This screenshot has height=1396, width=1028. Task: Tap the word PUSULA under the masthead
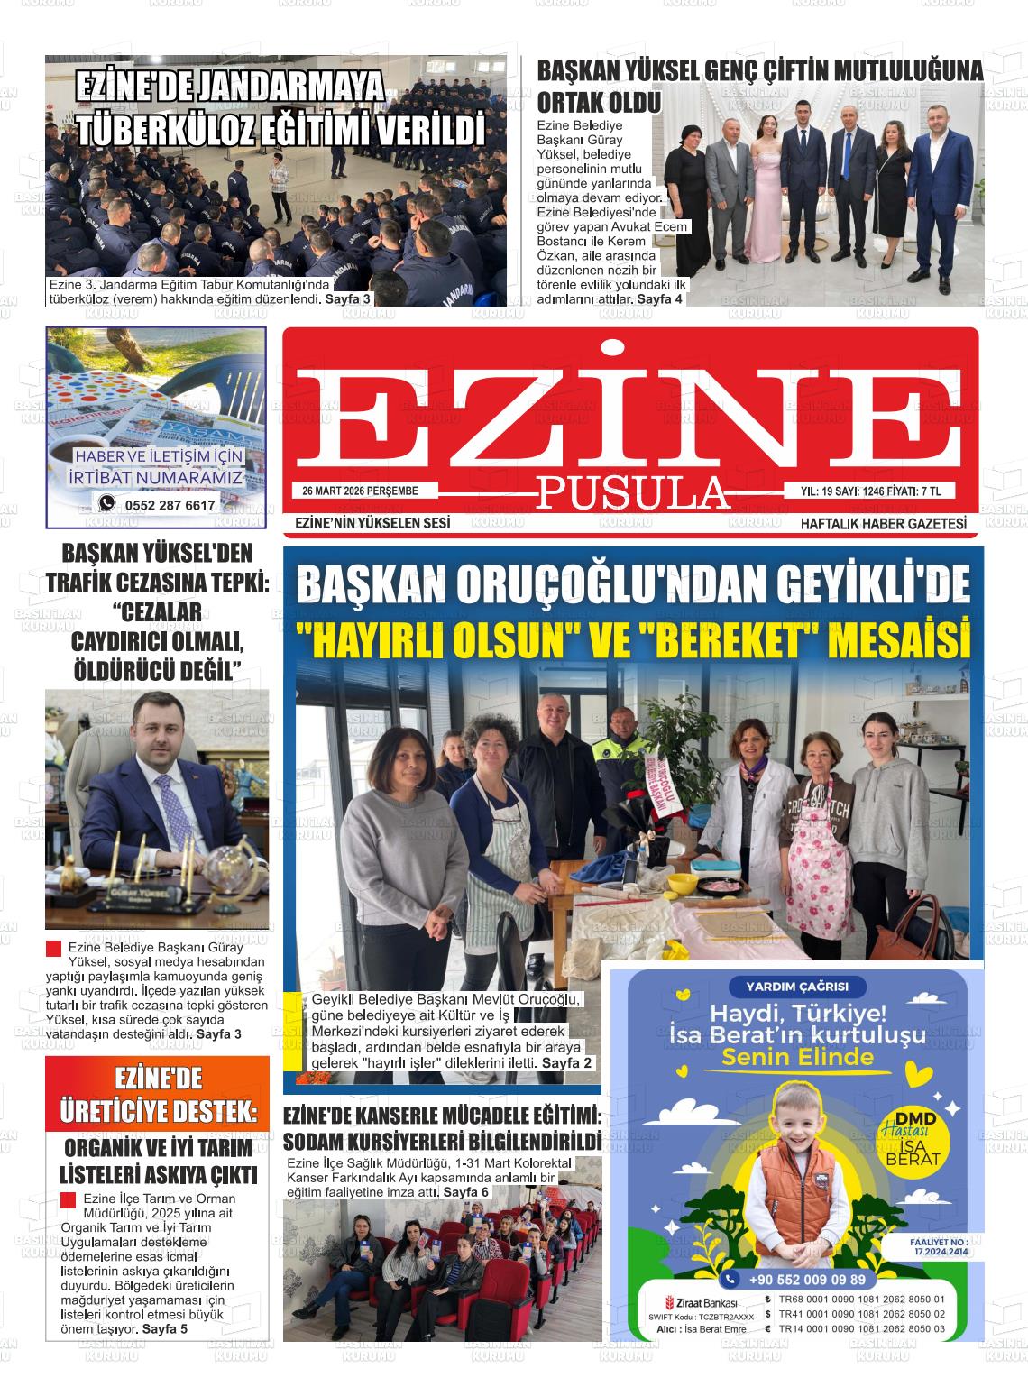point(632,492)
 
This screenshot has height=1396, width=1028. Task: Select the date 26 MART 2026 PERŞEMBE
point(361,491)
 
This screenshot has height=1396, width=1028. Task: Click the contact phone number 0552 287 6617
point(170,505)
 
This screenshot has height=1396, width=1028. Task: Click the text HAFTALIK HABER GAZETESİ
point(883,523)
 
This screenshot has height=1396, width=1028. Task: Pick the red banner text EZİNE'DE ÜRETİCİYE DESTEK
point(158,1095)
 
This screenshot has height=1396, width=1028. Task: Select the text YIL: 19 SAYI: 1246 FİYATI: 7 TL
point(871,491)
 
